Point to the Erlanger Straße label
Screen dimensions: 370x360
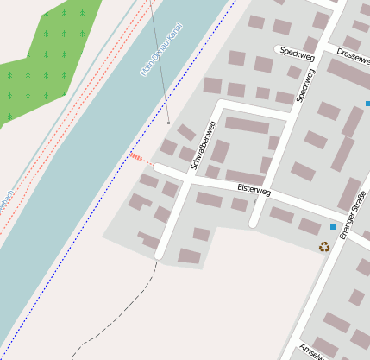(x=353, y=213)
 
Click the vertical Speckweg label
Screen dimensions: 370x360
(x=305, y=84)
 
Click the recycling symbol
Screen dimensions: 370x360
(x=324, y=247)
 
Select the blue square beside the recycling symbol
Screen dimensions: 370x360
(x=333, y=227)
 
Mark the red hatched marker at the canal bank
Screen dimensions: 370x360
(x=137, y=157)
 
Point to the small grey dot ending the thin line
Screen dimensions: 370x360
(x=168, y=123)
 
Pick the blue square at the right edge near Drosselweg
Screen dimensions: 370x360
(x=367, y=104)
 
